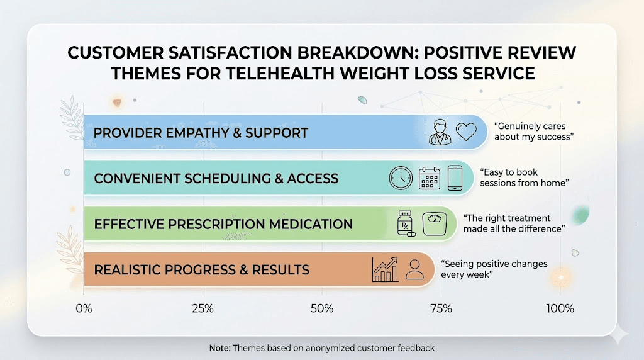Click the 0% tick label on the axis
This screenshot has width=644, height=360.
point(84,309)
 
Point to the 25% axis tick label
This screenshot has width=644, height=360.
point(202,309)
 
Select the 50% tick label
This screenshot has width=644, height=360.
point(321,309)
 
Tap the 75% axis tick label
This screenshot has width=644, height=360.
point(440,309)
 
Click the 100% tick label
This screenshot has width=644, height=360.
point(560,309)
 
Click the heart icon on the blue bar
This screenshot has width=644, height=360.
point(466,132)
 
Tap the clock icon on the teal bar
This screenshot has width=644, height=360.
point(400,178)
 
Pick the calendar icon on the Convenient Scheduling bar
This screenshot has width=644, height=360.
point(429,178)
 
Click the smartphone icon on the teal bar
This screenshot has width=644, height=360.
point(455,178)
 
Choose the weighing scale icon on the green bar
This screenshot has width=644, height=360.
point(433,224)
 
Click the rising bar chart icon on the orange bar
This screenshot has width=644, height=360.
point(385,269)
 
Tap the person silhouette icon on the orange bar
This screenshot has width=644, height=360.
point(414,269)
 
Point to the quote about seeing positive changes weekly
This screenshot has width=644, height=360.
point(494,269)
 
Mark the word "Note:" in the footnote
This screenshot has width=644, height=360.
point(220,347)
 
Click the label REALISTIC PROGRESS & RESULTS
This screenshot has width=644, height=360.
point(201,270)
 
